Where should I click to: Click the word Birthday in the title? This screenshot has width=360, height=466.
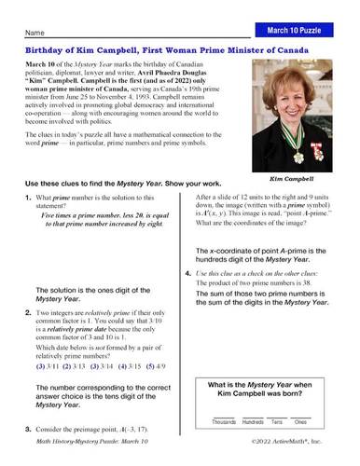[39, 52]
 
